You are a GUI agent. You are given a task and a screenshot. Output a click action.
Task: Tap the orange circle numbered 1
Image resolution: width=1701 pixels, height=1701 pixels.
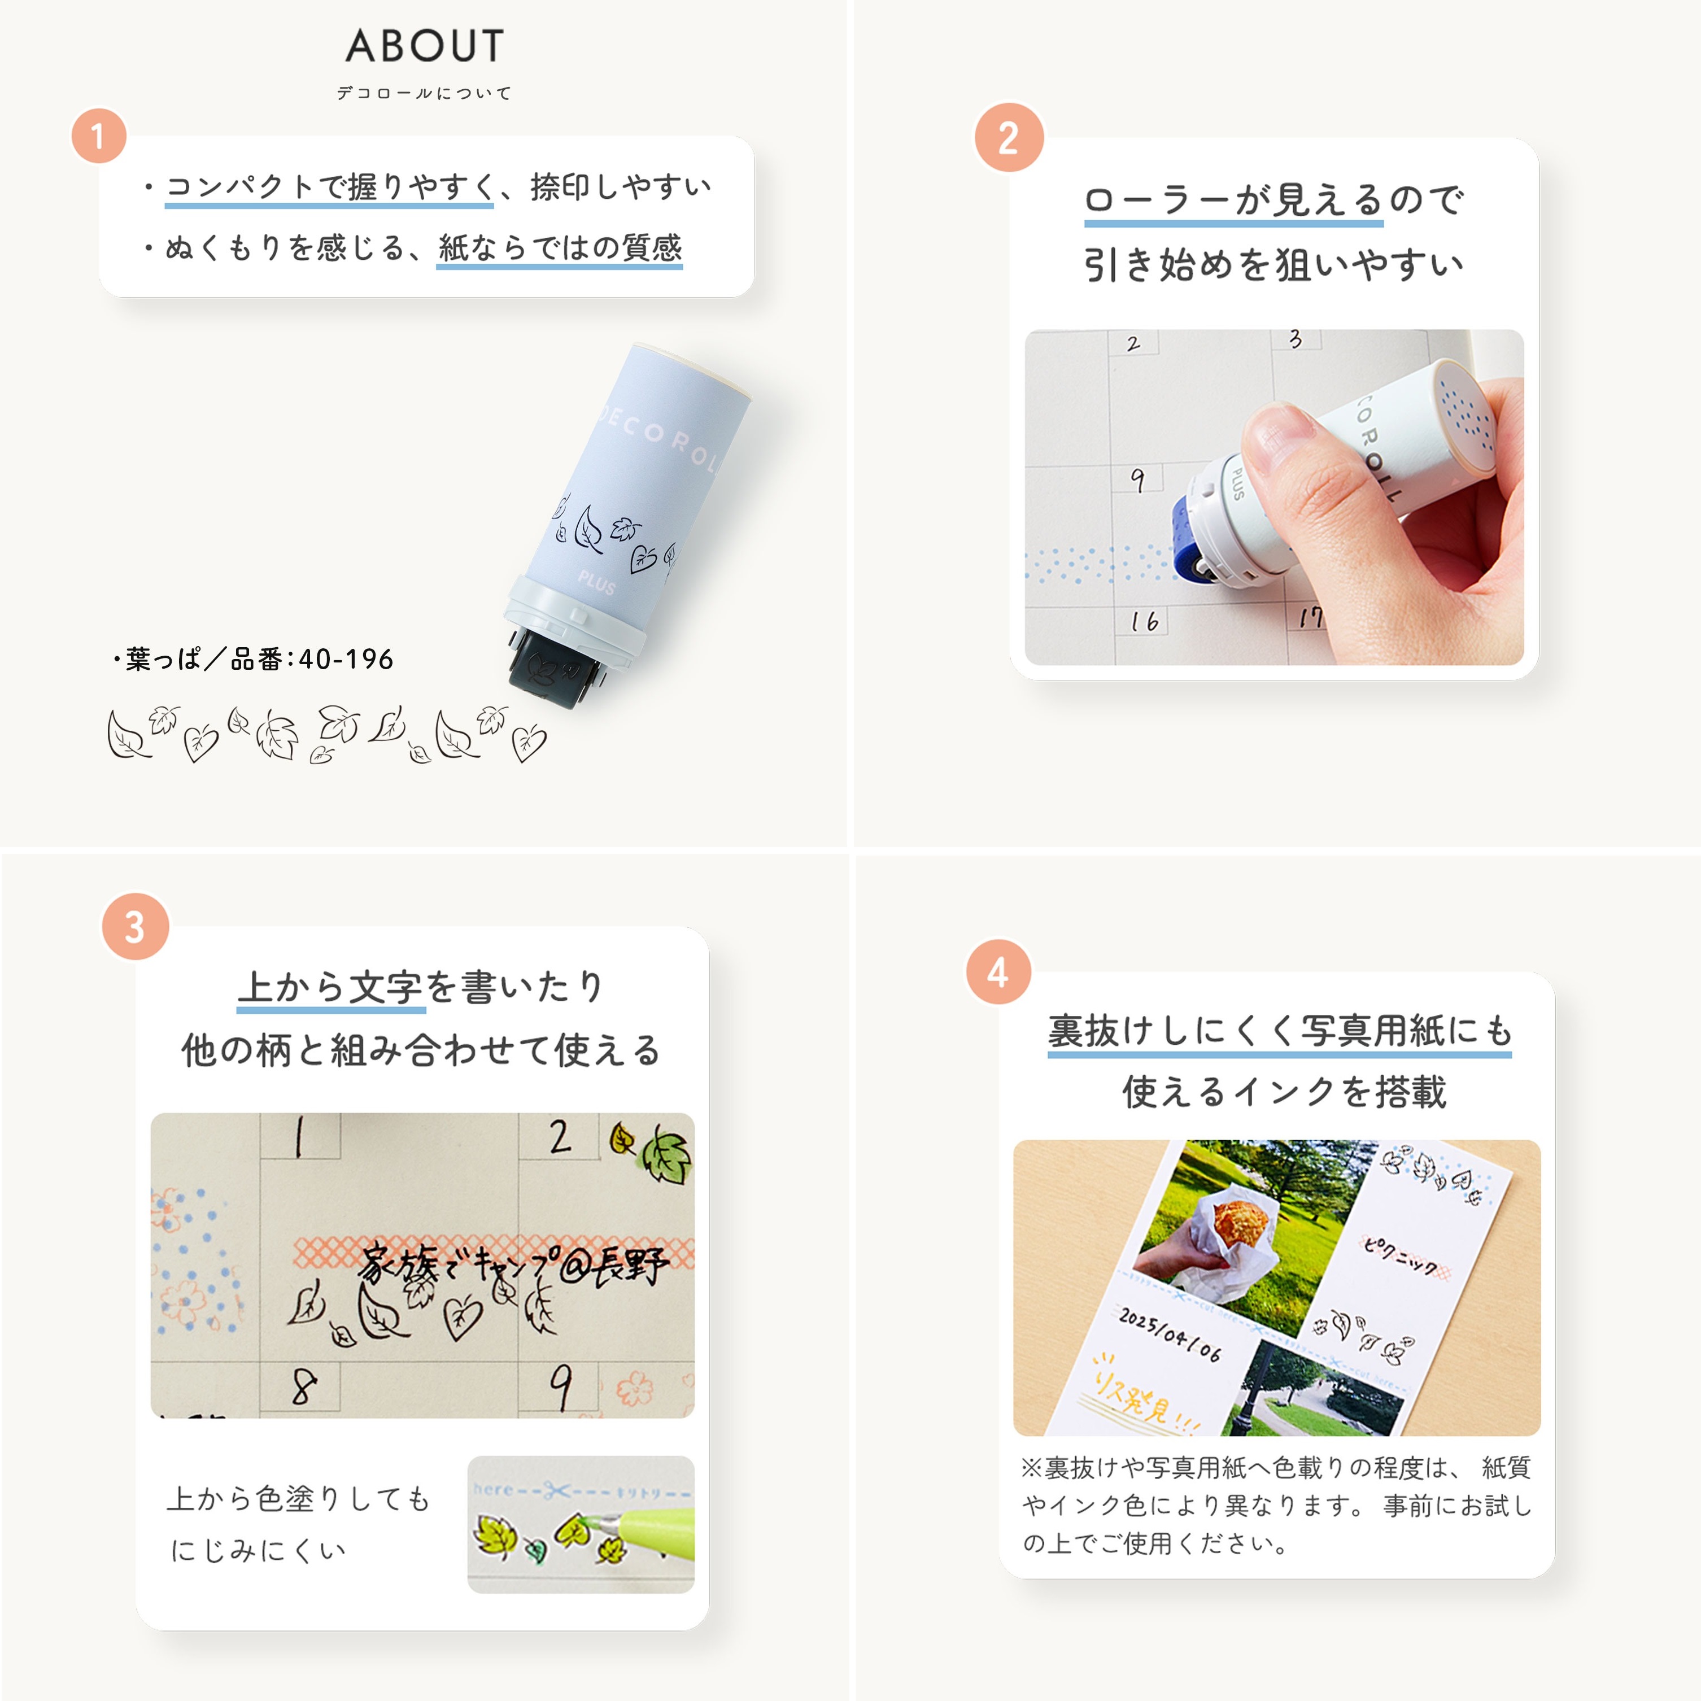click(99, 137)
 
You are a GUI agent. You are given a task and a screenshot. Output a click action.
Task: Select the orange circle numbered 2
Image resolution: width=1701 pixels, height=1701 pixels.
click(1009, 137)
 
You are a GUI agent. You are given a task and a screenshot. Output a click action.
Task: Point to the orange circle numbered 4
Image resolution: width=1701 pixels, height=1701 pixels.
click(998, 972)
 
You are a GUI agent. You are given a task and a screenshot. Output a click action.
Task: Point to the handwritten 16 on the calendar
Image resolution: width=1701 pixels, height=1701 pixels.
click(1145, 622)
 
